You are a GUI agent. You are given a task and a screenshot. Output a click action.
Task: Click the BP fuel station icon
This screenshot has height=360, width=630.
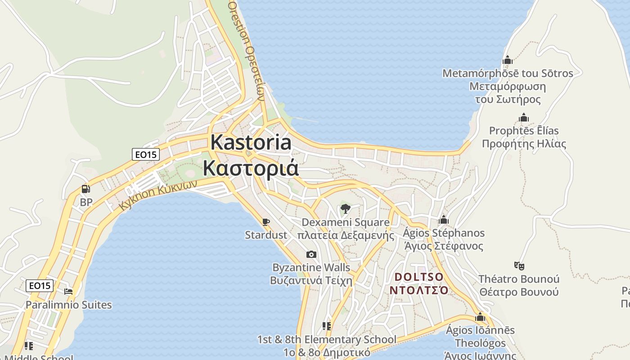point(85,189)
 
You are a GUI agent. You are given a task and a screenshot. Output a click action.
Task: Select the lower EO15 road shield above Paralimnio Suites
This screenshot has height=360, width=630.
point(40,285)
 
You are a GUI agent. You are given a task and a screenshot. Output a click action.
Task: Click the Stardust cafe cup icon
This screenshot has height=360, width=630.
point(265,221)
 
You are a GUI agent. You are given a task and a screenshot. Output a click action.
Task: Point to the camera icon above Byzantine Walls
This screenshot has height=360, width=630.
point(311,255)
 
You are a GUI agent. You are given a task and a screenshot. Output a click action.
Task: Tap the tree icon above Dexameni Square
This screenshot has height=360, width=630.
point(345,208)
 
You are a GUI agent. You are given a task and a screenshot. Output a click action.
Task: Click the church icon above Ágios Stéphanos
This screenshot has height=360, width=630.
point(444,220)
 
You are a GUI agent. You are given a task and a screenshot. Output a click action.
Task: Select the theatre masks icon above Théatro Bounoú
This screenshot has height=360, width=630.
point(519,265)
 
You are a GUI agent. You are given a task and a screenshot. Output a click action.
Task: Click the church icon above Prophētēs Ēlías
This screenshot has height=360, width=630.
point(524,118)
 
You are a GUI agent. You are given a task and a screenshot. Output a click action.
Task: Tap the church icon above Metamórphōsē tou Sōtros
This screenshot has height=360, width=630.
point(508,60)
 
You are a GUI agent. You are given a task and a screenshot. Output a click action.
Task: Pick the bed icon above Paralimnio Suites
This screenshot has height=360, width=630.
point(68,292)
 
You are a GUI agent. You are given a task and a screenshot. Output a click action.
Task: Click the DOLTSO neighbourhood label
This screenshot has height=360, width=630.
point(419,276)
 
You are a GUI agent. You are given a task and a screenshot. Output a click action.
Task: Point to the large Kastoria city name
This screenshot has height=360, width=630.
point(251,142)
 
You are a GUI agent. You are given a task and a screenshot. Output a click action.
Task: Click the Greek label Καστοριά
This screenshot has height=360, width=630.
point(251,168)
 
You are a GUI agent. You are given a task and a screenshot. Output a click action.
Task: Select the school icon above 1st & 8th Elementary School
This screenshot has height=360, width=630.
point(327,326)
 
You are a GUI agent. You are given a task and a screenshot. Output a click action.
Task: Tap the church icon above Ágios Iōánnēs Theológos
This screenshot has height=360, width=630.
point(480,317)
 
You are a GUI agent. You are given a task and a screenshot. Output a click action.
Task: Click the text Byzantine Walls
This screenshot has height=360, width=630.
point(311,267)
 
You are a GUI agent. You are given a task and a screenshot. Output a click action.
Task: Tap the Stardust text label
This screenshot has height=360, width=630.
point(265,234)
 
